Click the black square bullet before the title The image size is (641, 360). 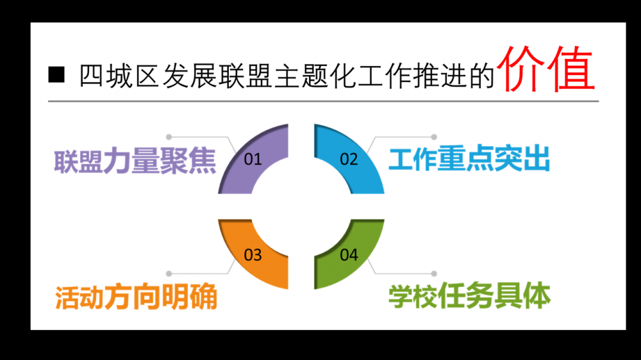click(x=57, y=74)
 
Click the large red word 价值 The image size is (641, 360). click(x=548, y=69)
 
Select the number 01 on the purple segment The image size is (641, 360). click(x=253, y=159)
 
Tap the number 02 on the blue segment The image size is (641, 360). click(x=349, y=159)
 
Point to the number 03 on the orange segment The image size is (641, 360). click(x=253, y=255)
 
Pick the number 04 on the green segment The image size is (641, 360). click(x=349, y=255)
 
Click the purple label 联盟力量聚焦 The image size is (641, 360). click(x=135, y=161)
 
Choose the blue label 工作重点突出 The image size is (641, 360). click(x=469, y=160)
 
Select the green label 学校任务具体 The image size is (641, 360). click(x=469, y=297)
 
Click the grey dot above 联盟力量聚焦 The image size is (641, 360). click(x=169, y=137)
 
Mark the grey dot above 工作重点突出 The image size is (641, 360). click(x=434, y=137)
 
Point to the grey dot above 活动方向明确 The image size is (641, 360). click(x=169, y=273)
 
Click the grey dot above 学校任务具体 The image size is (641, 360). click(x=434, y=273)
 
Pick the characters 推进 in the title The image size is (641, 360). click(x=440, y=76)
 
